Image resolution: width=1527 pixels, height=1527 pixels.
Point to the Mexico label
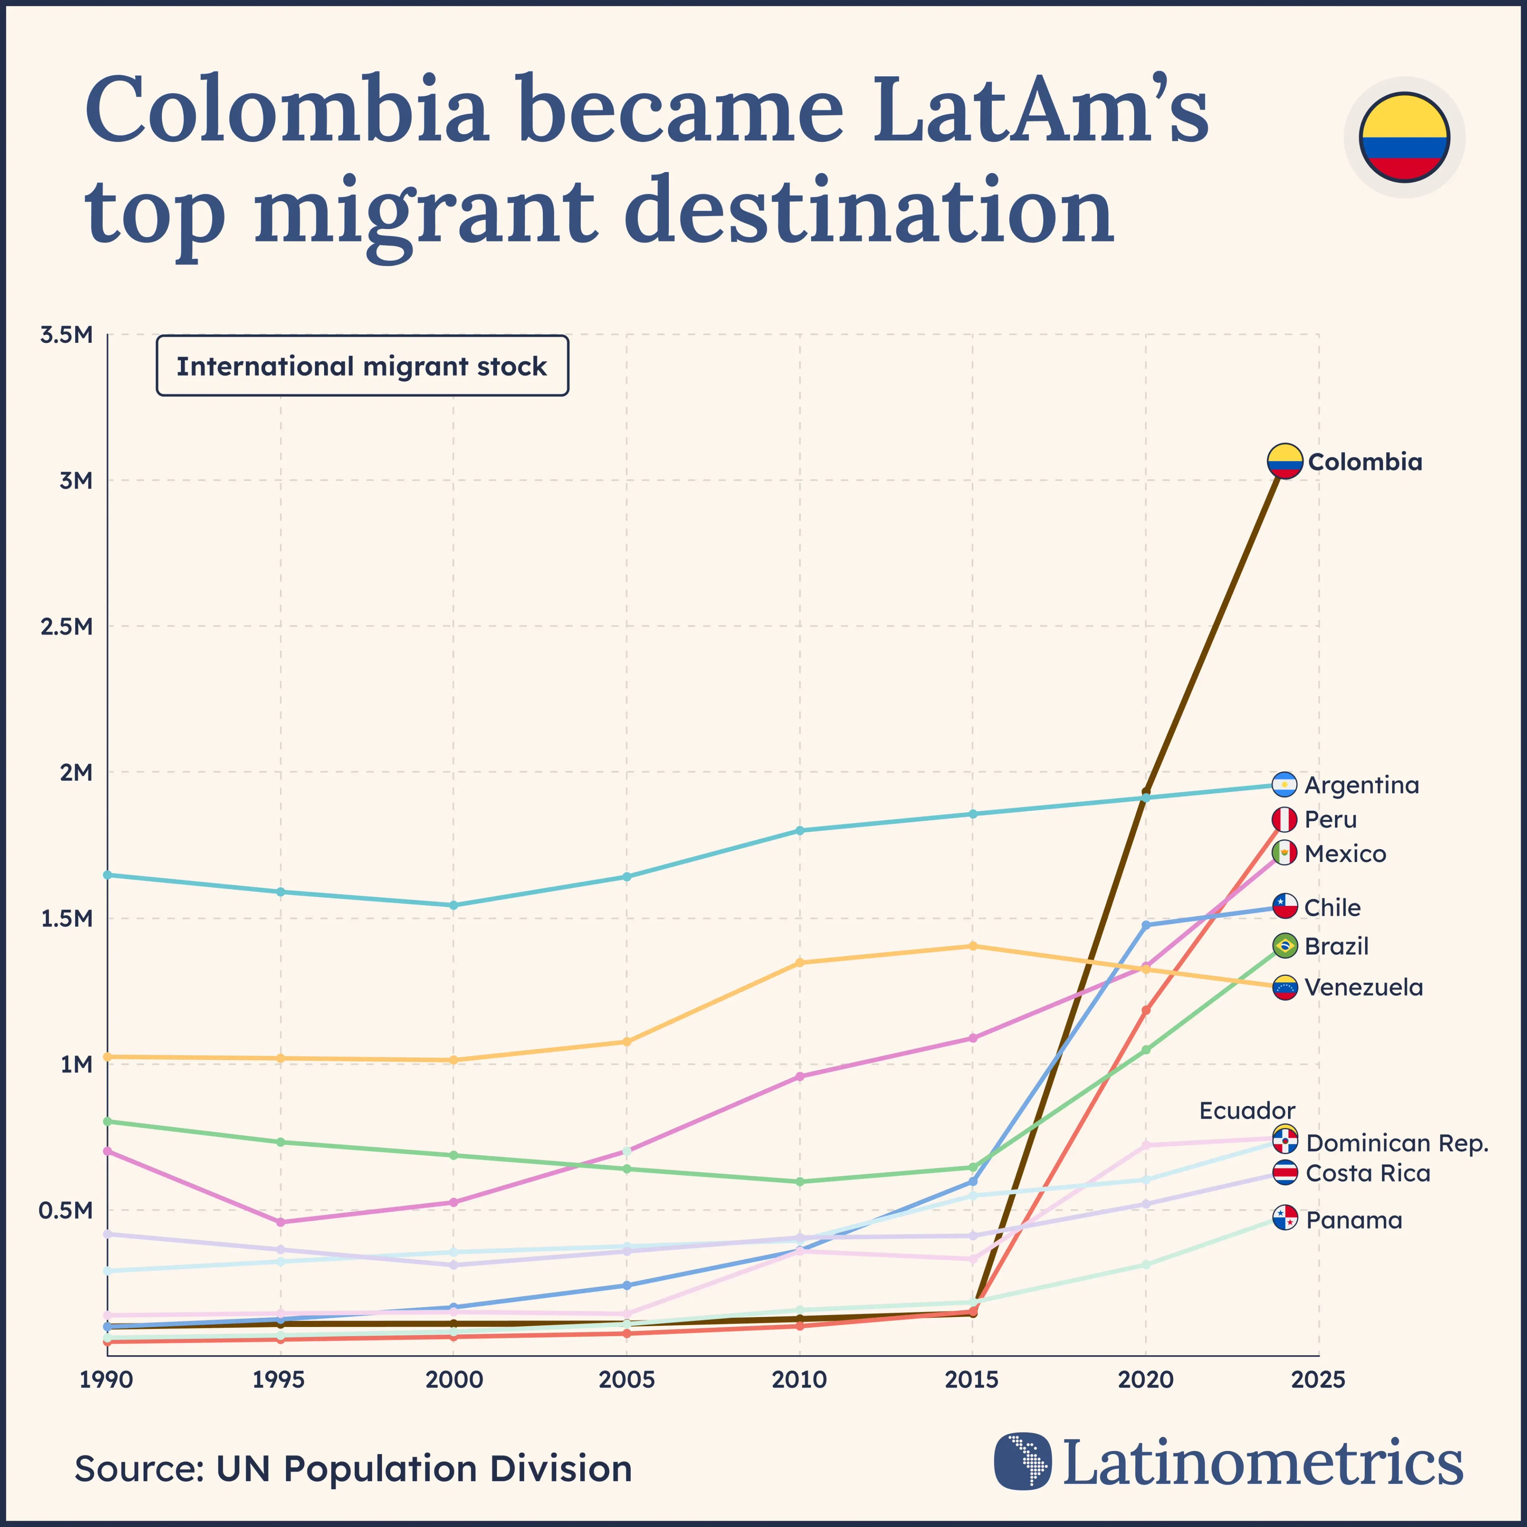tap(1345, 854)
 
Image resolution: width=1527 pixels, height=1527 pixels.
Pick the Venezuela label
tap(1364, 987)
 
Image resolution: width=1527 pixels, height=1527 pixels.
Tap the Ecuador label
tap(1247, 1111)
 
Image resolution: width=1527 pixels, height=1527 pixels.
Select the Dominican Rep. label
tap(1397, 1143)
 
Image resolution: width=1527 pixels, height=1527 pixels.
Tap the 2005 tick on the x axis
tap(626, 1380)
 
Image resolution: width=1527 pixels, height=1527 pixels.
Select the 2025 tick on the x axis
tap(1317, 1380)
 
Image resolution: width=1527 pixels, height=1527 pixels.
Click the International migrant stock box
tap(362, 366)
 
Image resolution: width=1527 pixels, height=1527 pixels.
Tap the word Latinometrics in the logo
tap(1262, 1463)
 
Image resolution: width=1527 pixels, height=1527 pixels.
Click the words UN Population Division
tap(424, 1469)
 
